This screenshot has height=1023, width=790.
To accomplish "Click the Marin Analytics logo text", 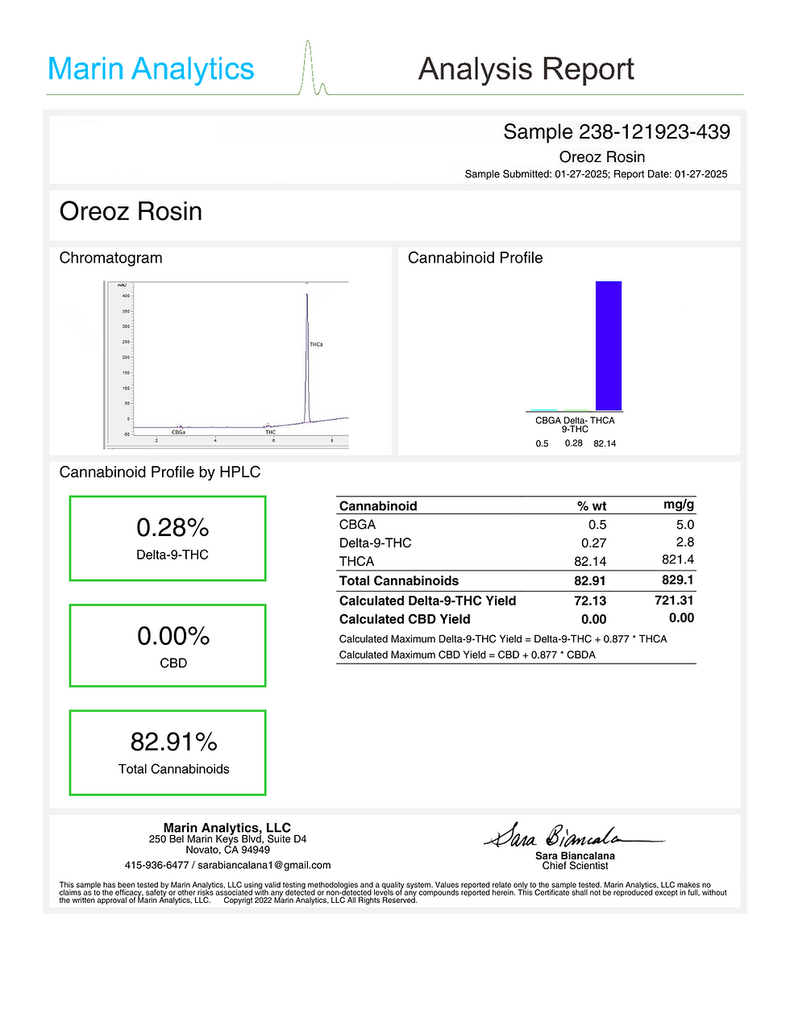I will pos(151,69).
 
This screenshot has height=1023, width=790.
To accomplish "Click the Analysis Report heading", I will pos(526,69).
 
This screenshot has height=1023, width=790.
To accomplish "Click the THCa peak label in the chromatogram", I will pos(316,344).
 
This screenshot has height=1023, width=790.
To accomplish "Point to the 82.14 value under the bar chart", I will pos(605,444).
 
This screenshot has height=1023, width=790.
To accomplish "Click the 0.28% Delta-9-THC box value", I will pos(173,528).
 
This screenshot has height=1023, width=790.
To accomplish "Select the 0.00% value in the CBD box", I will pos(173,636).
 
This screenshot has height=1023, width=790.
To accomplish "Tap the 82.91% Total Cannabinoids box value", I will pos(174,742).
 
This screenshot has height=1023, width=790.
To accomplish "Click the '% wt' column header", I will pos(592,506).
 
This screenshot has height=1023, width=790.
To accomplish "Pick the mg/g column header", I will pos(679,505).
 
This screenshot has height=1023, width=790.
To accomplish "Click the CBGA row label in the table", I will pos(357,525).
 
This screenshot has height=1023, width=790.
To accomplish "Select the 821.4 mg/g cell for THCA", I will pos(678,559).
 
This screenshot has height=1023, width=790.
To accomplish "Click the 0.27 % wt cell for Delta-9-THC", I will pos(593,543).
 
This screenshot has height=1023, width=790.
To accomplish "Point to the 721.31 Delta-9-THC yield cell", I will pos(674,601).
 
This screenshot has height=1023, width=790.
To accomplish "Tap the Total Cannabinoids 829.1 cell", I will pos(678,580).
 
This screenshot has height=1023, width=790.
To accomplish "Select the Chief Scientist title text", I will pos(575,866).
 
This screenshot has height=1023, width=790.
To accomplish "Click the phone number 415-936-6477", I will pos(156,865).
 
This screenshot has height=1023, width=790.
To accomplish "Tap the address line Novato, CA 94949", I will pos(227,850).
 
